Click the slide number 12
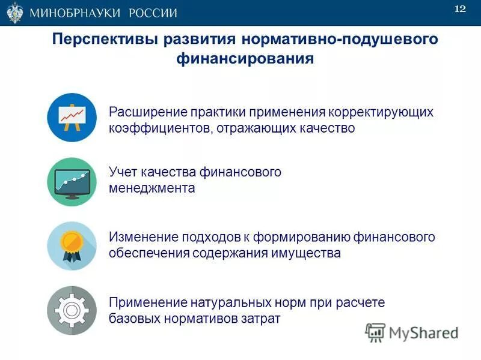tap(460, 8)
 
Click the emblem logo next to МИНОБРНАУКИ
tap(14, 12)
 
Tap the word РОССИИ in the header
tap(152, 13)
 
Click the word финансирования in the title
tap(245, 59)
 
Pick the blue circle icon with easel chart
tap(72, 117)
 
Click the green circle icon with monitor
tap(72, 181)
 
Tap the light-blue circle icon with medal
tap(72, 245)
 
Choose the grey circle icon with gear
tap(72, 310)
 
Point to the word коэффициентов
tap(158, 128)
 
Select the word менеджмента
tap(152, 188)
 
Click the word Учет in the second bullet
tap(123, 172)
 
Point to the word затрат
tap(262, 318)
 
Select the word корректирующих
tap(381, 112)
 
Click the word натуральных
tap(223, 302)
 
